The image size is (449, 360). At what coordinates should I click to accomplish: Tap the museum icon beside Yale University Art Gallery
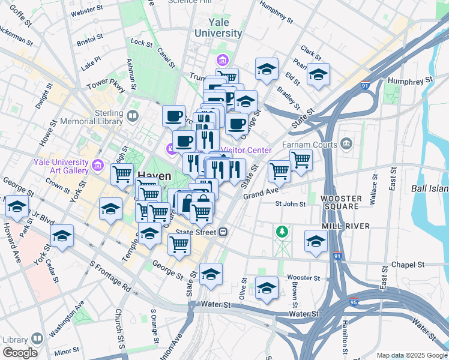98,163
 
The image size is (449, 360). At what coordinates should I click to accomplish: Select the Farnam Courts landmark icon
346,143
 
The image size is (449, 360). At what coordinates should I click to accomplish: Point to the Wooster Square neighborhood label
341,203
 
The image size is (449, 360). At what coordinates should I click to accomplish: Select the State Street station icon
223,232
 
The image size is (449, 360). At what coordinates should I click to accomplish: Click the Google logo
20,352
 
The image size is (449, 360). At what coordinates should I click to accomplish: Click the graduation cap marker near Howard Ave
17,206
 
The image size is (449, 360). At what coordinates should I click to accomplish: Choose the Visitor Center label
246,150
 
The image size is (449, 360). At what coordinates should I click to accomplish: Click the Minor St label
67,349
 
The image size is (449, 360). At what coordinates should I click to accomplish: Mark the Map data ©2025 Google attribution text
412,355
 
